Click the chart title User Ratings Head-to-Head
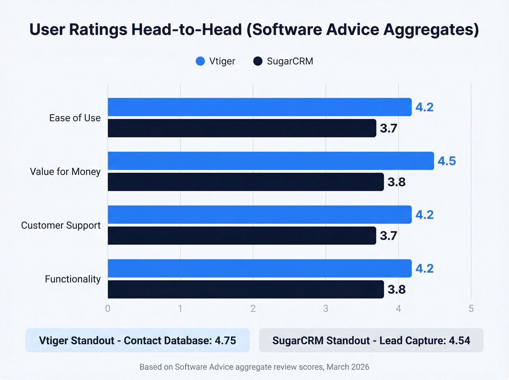click(x=254, y=29)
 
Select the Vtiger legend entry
click(x=216, y=61)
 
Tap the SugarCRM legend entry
click(x=283, y=61)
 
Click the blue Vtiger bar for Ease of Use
click(x=260, y=107)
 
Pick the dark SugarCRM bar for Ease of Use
click(x=242, y=128)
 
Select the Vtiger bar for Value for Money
click(x=271, y=161)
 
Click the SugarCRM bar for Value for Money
click(x=246, y=182)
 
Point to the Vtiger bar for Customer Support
click(x=260, y=215)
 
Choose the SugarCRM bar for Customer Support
click(x=242, y=236)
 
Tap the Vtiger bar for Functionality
click(x=260, y=268)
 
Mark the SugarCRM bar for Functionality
click(x=246, y=289)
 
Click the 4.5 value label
click(x=446, y=161)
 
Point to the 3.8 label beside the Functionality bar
click(x=396, y=289)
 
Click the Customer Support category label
click(x=61, y=225)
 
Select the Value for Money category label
click(x=65, y=172)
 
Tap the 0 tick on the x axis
click(x=108, y=309)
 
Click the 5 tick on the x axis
click(x=471, y=309)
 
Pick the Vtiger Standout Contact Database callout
click(x=137, y=340)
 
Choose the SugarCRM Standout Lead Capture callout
click(x=371, y=340)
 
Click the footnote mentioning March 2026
click(x=254, y=367)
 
